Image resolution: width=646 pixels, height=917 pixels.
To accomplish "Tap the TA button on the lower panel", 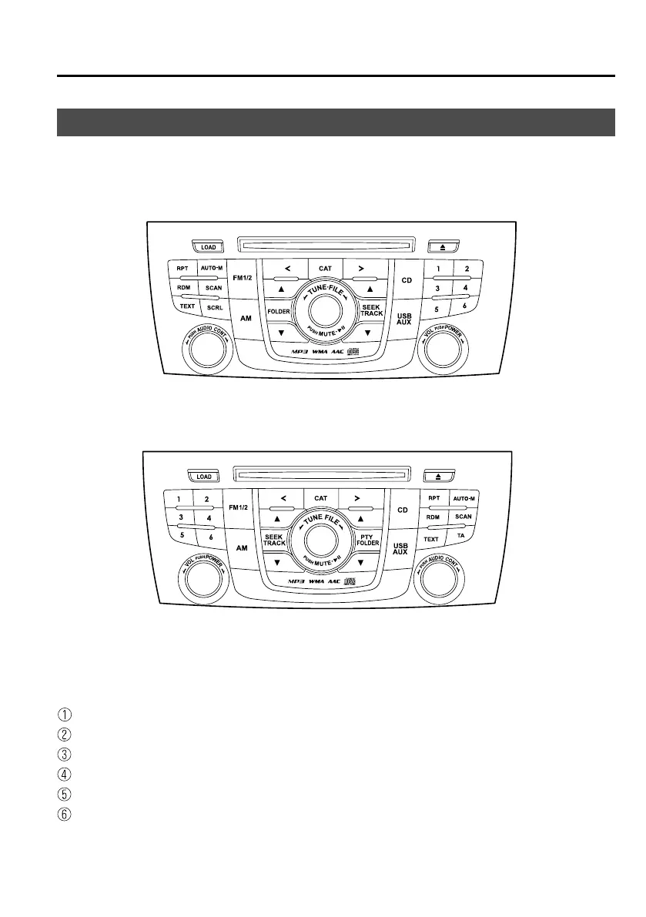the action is tap(461, 535).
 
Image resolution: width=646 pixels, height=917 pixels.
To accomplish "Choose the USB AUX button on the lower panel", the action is tap(400, 547).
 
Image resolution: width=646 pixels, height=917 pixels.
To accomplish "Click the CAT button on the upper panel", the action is tap(326, 268).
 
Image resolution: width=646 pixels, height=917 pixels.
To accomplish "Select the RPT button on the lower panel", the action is tap(433, 498).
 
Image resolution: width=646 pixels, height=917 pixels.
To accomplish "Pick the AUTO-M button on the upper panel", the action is tap(212, 268).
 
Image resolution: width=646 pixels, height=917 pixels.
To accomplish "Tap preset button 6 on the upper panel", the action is tap(464, 306).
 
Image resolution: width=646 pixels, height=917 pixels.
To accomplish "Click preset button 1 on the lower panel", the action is tap(179, 499).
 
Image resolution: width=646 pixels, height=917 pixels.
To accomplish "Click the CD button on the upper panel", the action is tap(406, 279).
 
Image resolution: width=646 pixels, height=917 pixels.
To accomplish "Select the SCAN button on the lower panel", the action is tap(463, 517).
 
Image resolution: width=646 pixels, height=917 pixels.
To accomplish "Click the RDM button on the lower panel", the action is tap(433, 517).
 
